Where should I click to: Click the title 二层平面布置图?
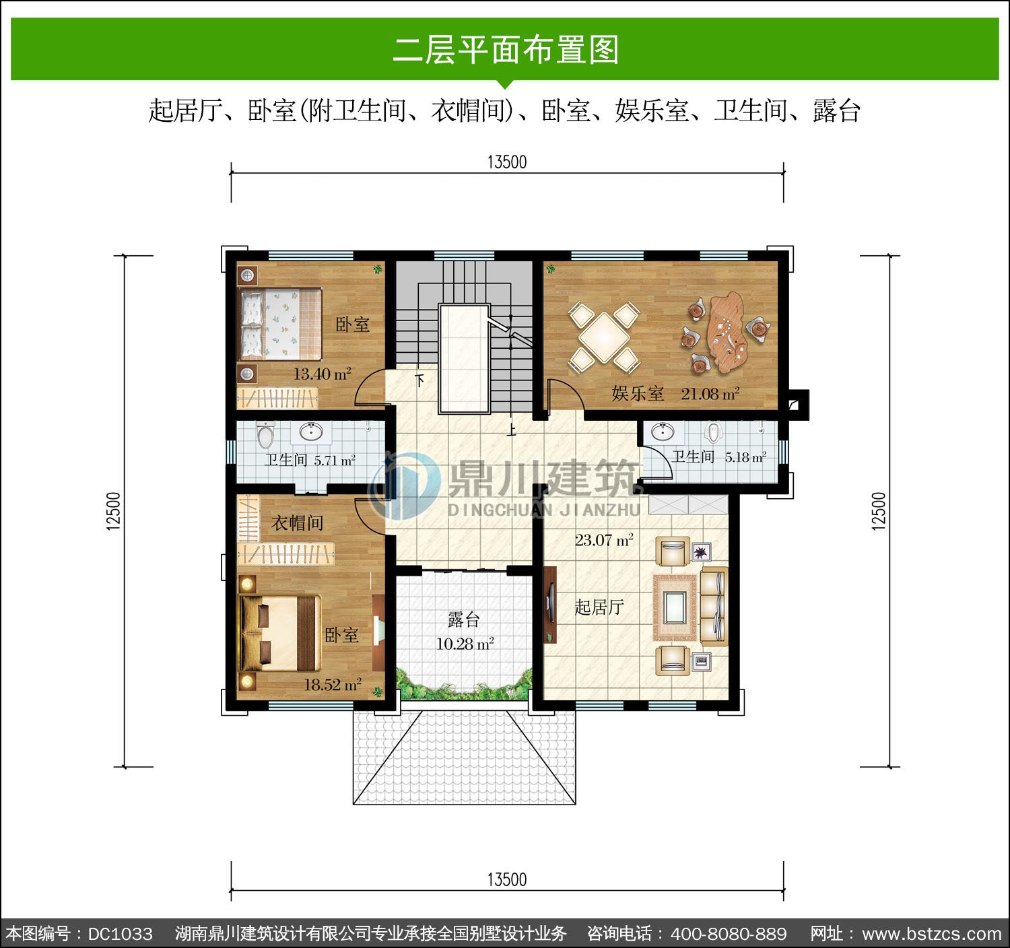click(506, 50)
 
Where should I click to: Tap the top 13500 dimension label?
click(507, 162)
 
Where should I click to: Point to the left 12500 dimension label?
click(113, 511)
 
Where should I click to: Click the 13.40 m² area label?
click(322, 374)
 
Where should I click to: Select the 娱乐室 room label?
click(638, 394)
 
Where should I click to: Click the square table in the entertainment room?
click(604, 337)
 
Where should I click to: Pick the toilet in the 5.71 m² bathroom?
click(265, 436)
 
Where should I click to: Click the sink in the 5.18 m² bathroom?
click(663, 432)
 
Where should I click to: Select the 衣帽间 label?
click(297, 523)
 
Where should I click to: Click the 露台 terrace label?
click(463, 619)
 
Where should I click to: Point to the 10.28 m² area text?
click(465, 644)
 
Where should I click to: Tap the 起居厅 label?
click(599, 607)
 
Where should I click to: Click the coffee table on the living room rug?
click(675, 607)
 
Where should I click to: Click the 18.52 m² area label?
click(333, 685)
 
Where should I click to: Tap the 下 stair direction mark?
click(419, 380)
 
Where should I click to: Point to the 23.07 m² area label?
click(604, 539)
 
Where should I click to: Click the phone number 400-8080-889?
click(729, 934)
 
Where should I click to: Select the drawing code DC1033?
click(120, 934)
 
